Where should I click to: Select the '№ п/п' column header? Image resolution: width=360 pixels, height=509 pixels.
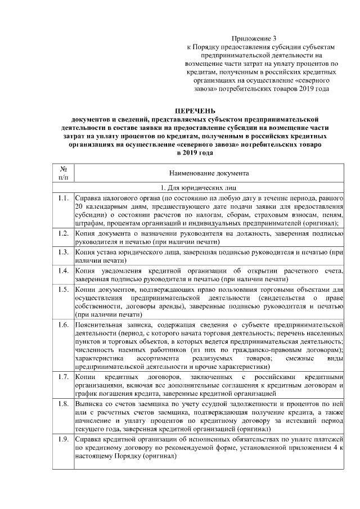[64, 173]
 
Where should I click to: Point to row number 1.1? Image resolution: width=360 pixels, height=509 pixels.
[64, 199]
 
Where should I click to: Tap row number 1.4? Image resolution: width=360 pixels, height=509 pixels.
[64, 270]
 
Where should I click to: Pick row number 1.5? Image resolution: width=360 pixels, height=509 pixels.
[64, 289]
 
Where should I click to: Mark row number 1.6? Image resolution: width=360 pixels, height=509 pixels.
[64, 325]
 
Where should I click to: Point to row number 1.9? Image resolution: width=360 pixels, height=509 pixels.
[64, 438]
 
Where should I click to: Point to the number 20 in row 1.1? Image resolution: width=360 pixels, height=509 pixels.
[79, 208]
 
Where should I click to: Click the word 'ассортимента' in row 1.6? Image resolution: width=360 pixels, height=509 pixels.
[159, 358]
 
